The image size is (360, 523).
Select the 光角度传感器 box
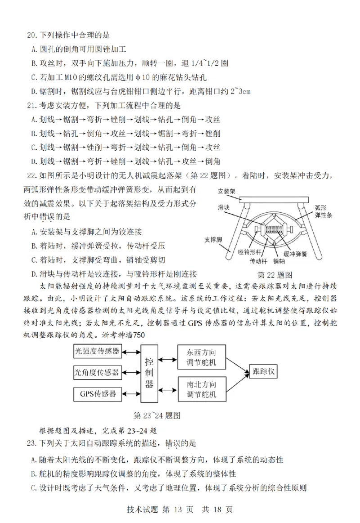point(98,372)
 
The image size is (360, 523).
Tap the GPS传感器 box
point(98,393)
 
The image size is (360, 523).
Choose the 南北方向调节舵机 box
point(201,389)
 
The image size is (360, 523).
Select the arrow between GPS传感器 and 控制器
point(131,393)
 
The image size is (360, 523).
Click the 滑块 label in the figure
point(223,207)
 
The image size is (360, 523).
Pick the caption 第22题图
point(275,274)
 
